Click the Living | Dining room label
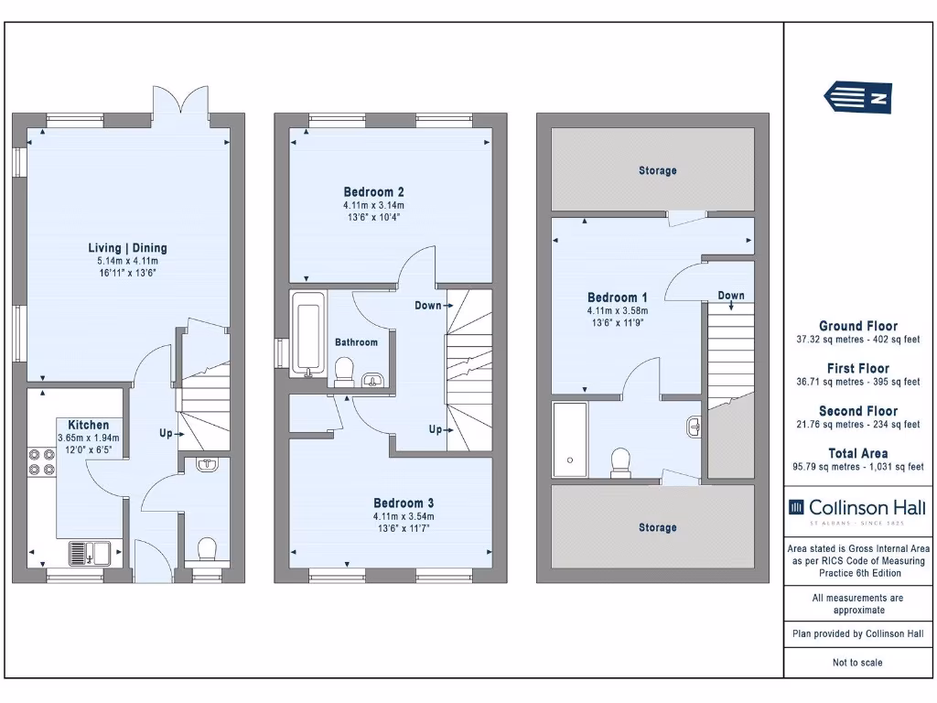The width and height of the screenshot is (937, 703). [x=127, y=248]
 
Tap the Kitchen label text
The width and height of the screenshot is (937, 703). [x=88, y=425]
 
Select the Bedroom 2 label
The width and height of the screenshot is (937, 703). [x=373, y=192]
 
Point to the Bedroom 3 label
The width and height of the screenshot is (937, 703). [x=403, y=503]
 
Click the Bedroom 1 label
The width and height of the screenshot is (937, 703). [x=617, y=297]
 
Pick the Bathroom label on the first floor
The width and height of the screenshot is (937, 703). [x=356, y=342]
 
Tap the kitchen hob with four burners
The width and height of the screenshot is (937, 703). [x=41, y=462]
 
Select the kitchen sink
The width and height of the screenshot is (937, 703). [x=89, y=553]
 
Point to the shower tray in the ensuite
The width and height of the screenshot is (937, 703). [x=570, y=440]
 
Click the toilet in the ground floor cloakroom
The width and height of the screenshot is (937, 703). [x=206, y=549]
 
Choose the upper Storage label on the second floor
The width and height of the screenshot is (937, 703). [x=657, y=170]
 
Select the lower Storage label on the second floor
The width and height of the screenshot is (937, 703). [x=657, y=527]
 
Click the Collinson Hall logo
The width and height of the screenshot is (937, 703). [x=856, y=508]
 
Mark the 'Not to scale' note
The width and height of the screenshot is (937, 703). [x=857, y=663]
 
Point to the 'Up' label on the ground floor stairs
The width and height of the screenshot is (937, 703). [x=166, y=434]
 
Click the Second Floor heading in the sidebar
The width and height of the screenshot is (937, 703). [x=857, y=411]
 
